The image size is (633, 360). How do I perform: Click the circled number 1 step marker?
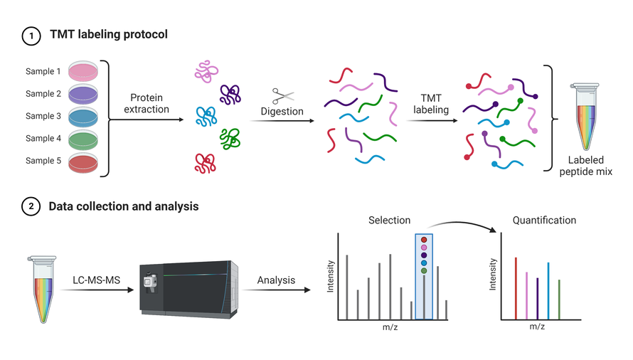point(31,35)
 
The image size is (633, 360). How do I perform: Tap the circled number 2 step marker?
point(31,207)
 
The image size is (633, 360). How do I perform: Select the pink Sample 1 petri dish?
point(85,70)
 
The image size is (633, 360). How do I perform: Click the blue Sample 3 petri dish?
point(85,117)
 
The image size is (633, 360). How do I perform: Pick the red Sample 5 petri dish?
point(85,162)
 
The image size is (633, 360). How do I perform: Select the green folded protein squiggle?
point(230,138)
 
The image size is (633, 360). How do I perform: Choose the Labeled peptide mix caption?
point(585,166)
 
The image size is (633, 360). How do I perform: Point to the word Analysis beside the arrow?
point(276,280)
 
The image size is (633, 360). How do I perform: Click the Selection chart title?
point(389,221)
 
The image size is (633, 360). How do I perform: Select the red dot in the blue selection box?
point(424,240)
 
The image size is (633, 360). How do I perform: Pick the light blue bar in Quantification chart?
point(548,291)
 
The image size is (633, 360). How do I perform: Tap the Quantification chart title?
point(544,221)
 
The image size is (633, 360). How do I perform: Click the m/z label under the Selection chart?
point(390,327)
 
